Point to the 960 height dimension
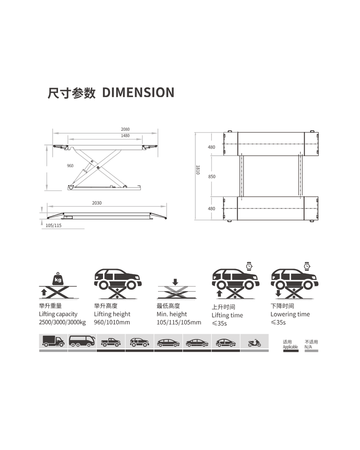point(70,166)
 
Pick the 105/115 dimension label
point(54,225)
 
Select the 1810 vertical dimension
point(197,171)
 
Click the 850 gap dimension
point(211,177)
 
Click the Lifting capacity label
point(58,314)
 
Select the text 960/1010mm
point(112,323)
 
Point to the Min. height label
point(171,314)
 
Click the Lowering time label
point(290,314)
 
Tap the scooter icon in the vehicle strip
point(254,343)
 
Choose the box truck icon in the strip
point(53,342)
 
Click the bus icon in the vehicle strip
point(82,342)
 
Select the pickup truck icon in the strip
point(111,342)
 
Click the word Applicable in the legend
point(290,347)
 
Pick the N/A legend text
point(308,347)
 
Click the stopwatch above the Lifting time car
point(249,266)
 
